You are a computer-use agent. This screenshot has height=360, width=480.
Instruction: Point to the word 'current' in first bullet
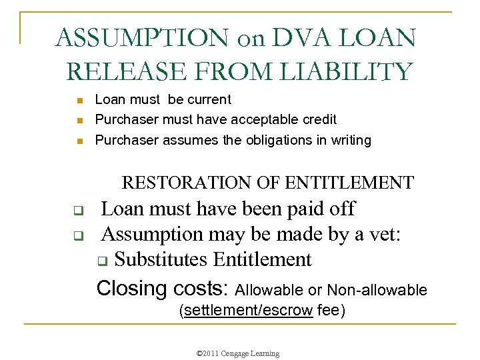(209, 100)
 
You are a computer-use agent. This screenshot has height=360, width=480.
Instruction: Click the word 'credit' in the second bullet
(317, 120)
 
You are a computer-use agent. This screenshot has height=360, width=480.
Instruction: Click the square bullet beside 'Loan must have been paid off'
(77, 213)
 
